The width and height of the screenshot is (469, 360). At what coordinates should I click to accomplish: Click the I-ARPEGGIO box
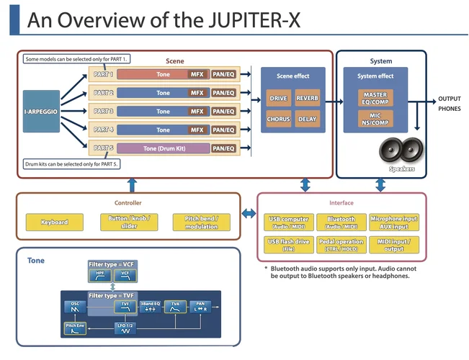point(41,112)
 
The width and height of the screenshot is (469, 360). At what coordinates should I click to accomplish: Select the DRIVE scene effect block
point(278,98)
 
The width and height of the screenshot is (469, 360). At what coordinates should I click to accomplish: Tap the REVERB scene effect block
point(308,98)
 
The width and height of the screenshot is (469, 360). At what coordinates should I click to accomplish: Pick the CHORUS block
point(278,119)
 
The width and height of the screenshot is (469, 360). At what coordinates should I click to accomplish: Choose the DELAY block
point(308,119)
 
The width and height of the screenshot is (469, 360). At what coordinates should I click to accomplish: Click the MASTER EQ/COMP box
point(375,98)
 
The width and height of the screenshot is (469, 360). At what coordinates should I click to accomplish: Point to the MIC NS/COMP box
point(375,119)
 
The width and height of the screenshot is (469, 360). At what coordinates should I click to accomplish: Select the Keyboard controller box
point(55,222)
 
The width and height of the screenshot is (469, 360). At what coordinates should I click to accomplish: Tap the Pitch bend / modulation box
point(202,222)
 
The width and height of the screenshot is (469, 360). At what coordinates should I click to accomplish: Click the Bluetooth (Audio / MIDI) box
point(341,222)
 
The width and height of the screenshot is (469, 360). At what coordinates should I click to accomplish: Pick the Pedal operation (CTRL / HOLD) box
point(341,246)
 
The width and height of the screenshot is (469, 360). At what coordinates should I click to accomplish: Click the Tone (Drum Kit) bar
point(163,148)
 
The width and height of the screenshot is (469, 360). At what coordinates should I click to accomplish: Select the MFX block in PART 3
point(197,112)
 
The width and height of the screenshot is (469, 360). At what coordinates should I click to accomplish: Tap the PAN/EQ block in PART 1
point(223,74)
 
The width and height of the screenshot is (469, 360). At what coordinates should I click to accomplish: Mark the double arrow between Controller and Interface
point(249,213)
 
